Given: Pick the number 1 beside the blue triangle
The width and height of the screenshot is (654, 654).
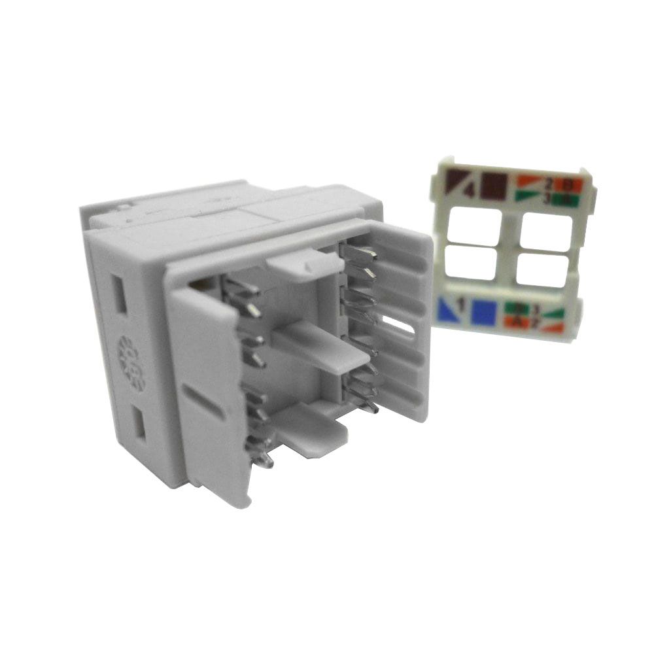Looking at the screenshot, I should (x=462, y=304).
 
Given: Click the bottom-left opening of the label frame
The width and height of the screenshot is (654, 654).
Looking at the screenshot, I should (x=470, y=264).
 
